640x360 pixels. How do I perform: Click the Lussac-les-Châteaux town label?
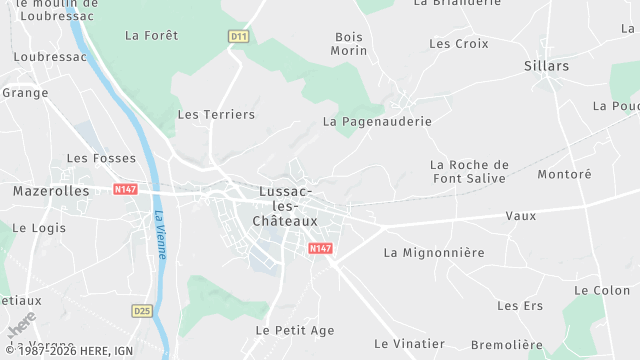[284, 205]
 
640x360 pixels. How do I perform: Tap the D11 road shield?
[238, 37]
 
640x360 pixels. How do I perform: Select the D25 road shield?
[142, 311]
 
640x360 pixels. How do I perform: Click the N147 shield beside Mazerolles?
[125, 188]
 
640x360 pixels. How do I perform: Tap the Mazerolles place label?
[51, 190]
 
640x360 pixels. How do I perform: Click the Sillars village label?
[546, 66]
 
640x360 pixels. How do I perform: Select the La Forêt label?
[151, 35]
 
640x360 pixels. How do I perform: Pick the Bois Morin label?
[350, 43]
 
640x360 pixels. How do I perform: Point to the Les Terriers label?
[216, 114]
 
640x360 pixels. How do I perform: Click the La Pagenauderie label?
[377, 121]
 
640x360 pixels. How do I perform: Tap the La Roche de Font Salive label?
[469, 171]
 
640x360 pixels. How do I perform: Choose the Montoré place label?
[565, 174]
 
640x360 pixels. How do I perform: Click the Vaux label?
[521, 215]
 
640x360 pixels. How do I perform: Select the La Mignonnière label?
[434, 253]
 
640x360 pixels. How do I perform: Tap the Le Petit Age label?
[295, 330]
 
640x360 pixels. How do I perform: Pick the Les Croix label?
[459, 44]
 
